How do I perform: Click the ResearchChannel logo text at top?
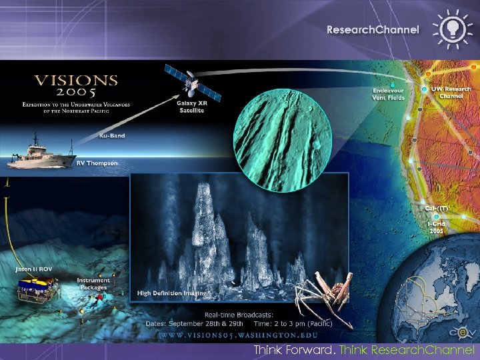click(x=373, y=29)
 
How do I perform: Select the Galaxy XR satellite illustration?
click(x=192, y=83)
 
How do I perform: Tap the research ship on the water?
click(x=41, y=151)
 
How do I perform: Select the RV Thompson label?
click(x=97, y=163)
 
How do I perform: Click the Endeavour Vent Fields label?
click(x=388, y=93)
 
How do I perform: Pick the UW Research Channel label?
click(x=451, y=92)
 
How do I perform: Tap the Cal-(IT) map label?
click(x=437, y=208)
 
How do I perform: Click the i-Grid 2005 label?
click(x=436, y=227)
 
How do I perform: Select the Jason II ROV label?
click(x=34, y=269)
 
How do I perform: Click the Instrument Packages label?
click(x=93, y=283)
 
